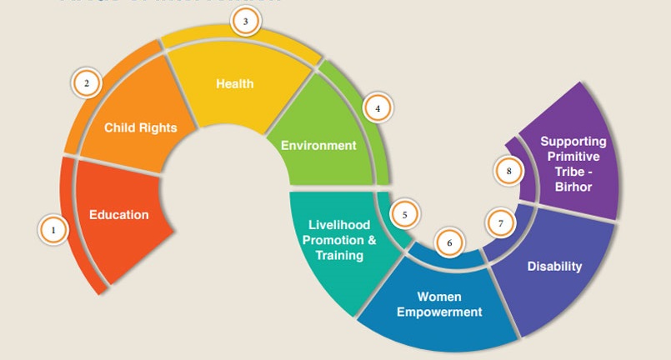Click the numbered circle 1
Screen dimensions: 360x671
pyautogui.click(x=54, y=229)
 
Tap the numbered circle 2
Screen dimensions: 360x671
pyautogui.click(x=86, y=83)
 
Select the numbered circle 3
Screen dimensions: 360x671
pyautogui.click(x=245, y=22)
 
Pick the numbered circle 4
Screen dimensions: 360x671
pyautogui.click(x=377, y=108)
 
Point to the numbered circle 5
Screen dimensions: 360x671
pyautogui.click(x=404, y=214)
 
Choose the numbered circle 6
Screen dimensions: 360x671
pyautogui.click(x=449, y=243)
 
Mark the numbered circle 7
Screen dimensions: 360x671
pyautogui.click(x=500, y=223)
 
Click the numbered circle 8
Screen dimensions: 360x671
pyautogui.click(x=508, y=172)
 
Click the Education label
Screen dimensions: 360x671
pyautogui.click(x=119, y=215)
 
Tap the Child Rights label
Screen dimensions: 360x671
pyautogui.click(x=141, y=128)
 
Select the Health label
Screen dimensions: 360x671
pyautogui.click(x=234, y=84)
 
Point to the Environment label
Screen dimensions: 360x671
pyautogui.click(x=318, y=145)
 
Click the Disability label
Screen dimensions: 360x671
pyautogui.click(x=554, y=267)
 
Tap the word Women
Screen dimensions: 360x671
pyautogui.click(x=439, y=297)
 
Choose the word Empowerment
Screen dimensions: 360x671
pyautogui.click(x=439, y=312)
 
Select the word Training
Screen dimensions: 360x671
pyautogui.click(x=339, y=256)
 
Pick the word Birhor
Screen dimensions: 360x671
pyautogui.click(x=573, y=187)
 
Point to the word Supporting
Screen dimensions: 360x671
pyautogui.click(x=573, y=142)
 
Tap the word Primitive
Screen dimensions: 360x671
pyautogui.click(x=573, y=157)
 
